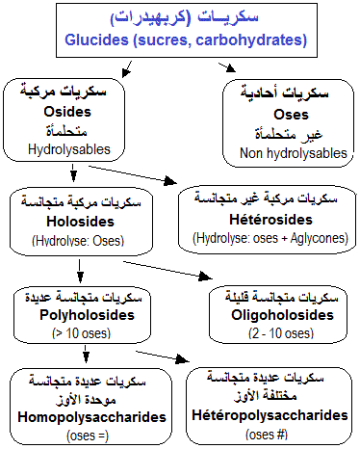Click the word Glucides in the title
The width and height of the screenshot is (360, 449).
[99, 41]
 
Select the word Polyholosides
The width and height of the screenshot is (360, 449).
[67, 314]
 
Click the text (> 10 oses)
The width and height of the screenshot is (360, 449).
[67, 332]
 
